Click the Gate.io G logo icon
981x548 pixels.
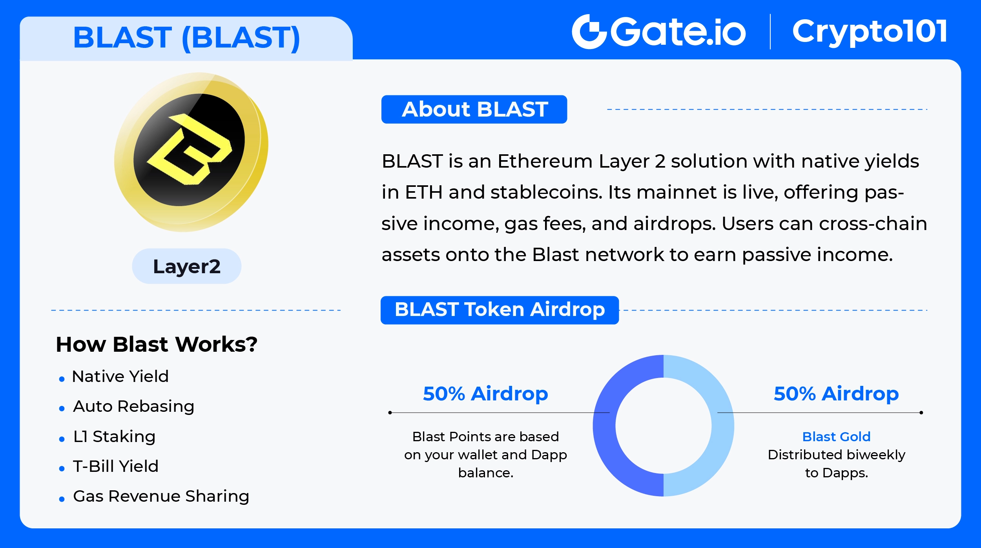click(x=590, y=32)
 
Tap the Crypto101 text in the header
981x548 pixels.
click(x=870, y=32)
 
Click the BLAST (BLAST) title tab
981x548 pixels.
click(x=186, y=38)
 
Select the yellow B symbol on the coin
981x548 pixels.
click(x=189, y=149)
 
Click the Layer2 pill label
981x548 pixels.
click(x=187, y=266)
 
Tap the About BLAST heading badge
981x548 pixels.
click(x=474, y=109)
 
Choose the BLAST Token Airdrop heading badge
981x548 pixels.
click(x=500, y=310)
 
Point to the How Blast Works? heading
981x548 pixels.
click(x=157, y=344)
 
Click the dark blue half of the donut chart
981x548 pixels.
click(x=605, y=426)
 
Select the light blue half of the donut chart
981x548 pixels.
click(x=723, y=426)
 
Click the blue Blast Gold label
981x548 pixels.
click(x=836, y=437)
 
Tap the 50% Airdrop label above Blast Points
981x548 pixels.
click(x=485, y=394)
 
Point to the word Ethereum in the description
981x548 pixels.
click(x=545, y=161)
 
